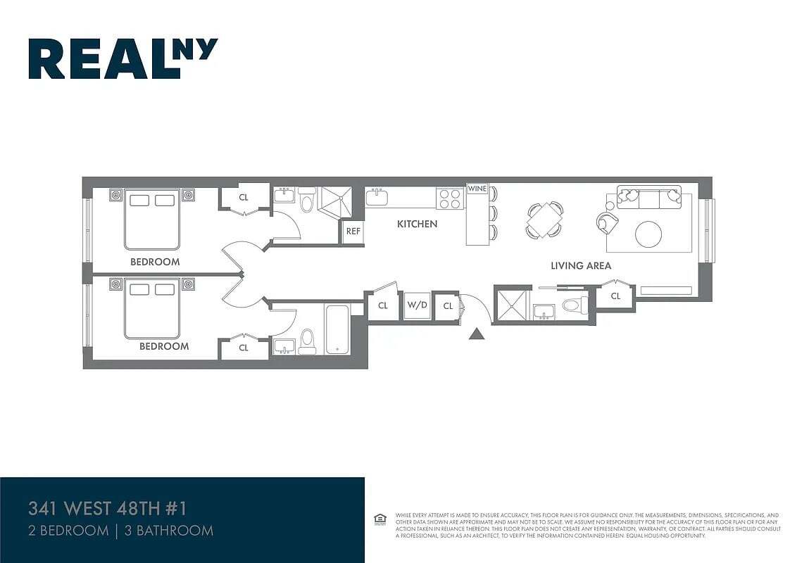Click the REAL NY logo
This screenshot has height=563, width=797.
coord(123,58)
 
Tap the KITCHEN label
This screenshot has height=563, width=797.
coord(417,224)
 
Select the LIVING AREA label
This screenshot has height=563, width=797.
coord(580,266)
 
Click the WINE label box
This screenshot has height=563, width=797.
coord(477,189)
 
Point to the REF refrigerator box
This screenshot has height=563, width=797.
coord(353,231)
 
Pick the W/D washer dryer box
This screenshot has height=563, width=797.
coord(417,305)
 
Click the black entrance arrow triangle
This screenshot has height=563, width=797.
coord(477,334)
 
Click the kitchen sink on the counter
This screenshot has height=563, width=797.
coord(376,197)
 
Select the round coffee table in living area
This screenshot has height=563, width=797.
coord(648,234)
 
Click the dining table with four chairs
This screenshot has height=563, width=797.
coord(545,219)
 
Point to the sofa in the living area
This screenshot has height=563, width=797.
coord(648,197)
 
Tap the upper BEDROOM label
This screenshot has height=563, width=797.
coord(155,262)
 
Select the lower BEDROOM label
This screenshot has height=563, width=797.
coord(164,346)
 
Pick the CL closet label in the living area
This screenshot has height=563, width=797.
coord(615,296)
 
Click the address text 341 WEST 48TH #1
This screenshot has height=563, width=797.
coord(108,507)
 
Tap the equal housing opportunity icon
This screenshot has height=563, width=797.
coord(380,519)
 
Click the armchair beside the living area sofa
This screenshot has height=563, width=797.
coord(607,222)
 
